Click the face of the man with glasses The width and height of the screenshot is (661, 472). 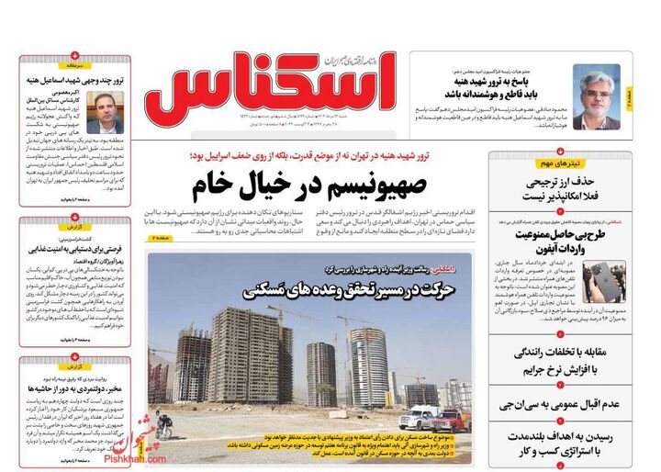596,88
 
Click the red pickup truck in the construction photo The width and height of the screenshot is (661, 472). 446,420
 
